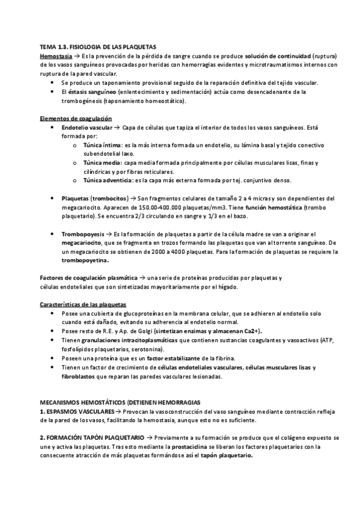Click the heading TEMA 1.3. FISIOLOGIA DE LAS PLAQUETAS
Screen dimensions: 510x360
(x=97, y=46)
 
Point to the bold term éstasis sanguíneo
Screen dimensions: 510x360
(x=89, y=92)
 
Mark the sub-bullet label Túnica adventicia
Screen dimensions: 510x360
(x=108, y=180)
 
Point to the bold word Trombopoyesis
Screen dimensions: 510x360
(x=83, y=233)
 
